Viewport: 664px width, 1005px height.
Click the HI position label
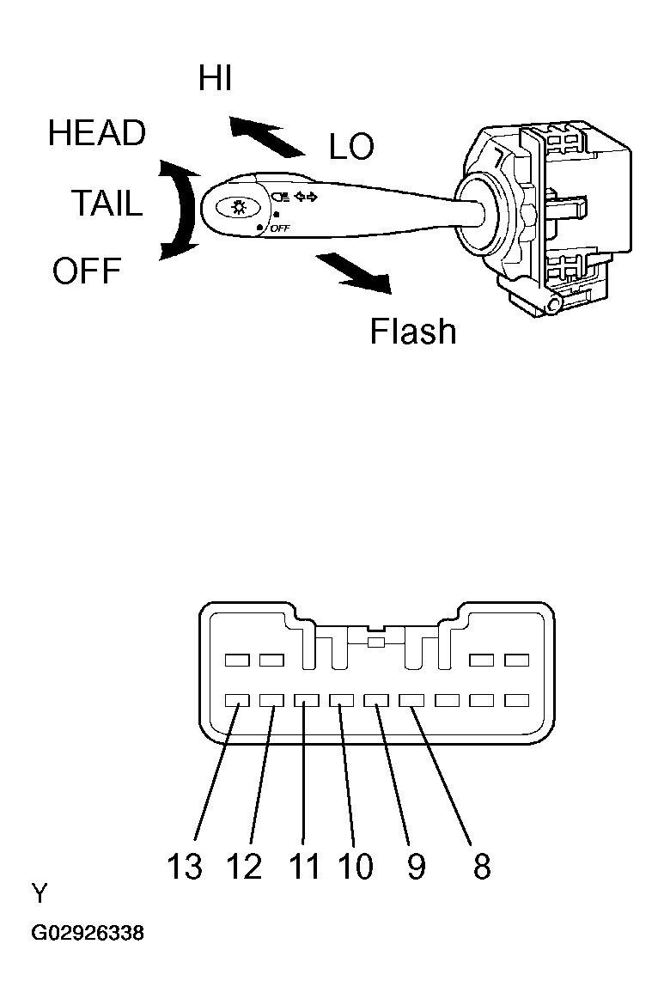(215, 78)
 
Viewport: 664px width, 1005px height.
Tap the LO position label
(351, 147)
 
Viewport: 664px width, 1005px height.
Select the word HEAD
(97, 133)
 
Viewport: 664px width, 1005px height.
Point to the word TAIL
(107, 204)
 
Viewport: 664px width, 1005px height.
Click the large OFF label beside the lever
(87, 271)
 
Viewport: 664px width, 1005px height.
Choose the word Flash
(413, 332)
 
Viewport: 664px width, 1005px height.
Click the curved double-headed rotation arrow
(184, 210)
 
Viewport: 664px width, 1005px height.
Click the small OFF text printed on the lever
(280, 228)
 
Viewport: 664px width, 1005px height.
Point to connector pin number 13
(184, 867)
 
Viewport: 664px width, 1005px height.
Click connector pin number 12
(244, 867)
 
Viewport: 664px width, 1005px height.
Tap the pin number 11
(304, 867)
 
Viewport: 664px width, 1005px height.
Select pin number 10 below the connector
(355, 867)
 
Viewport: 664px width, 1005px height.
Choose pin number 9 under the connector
(417, 867)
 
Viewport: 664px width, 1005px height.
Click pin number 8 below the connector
(482, 867)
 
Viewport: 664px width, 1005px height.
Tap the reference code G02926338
(88, 933)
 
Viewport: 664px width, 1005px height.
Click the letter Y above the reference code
(40, 892)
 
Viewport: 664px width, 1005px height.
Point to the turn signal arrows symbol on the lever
(306, 197)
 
